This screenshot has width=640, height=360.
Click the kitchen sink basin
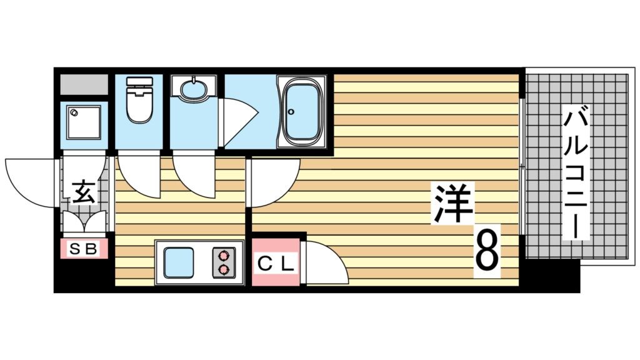pyautogui.click(x=179, y=263)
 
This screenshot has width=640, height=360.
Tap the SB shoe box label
pyautogui.click(x=84, y=249)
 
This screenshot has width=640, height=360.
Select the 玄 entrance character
pyautogui.click(x=83, y=192)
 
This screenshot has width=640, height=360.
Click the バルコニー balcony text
pyautogui.click(x=576, y=174)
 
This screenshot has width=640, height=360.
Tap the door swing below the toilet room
pyautogui.click(x=139, y=175)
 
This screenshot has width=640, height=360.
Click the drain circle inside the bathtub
pyautogui.click(x=291, y=112)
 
